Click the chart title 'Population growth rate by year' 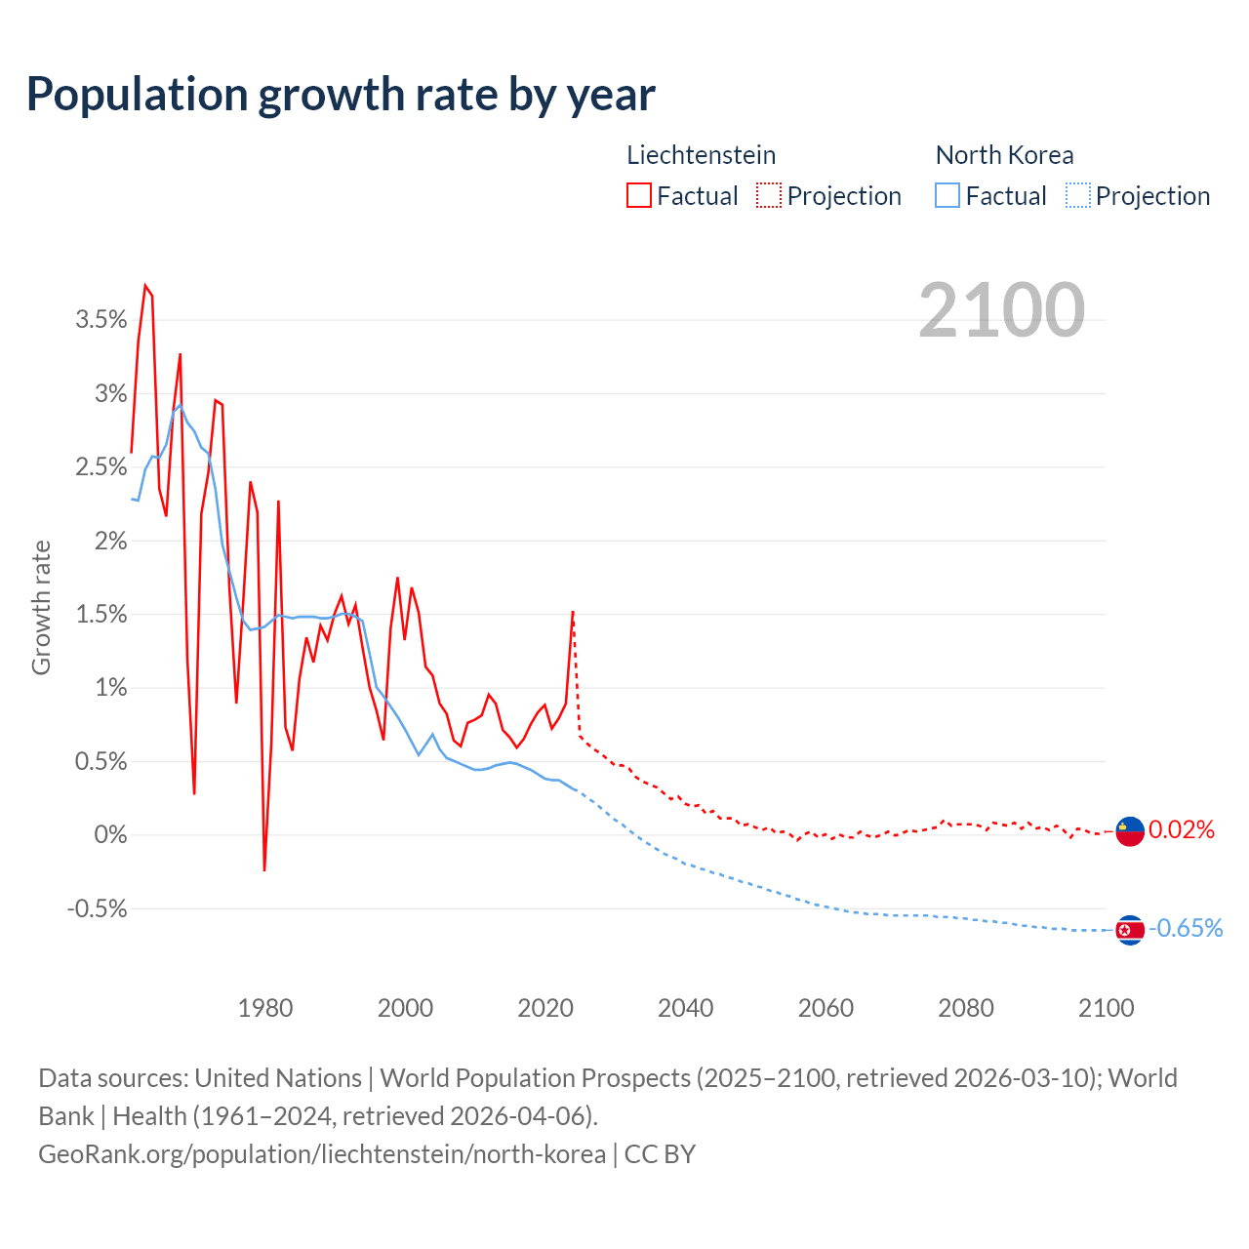click(341, 94)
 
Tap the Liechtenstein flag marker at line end click(1129, 831)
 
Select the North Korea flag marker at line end click(1129, 930)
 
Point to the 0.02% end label click(1182, 830)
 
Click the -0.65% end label click(1186, 928)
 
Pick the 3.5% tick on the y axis click(101, 320)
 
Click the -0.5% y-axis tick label click(98, 909)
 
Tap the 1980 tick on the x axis click(265, 1008)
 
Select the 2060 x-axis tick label click(826, 1008)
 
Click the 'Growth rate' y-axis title click(41, 607)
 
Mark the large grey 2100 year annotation click(1001, 309)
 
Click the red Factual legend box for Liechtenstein click(638, 196)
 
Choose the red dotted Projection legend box click(769, 196)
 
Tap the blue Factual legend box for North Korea click(947, 196)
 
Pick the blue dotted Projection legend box click(1077, 196)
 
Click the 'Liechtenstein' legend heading click(701, 155)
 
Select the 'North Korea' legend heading click(1004, 155)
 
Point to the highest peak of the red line click(144, 286)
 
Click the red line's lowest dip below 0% click(264, 869)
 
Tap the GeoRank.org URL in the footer click(322, 1154)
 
